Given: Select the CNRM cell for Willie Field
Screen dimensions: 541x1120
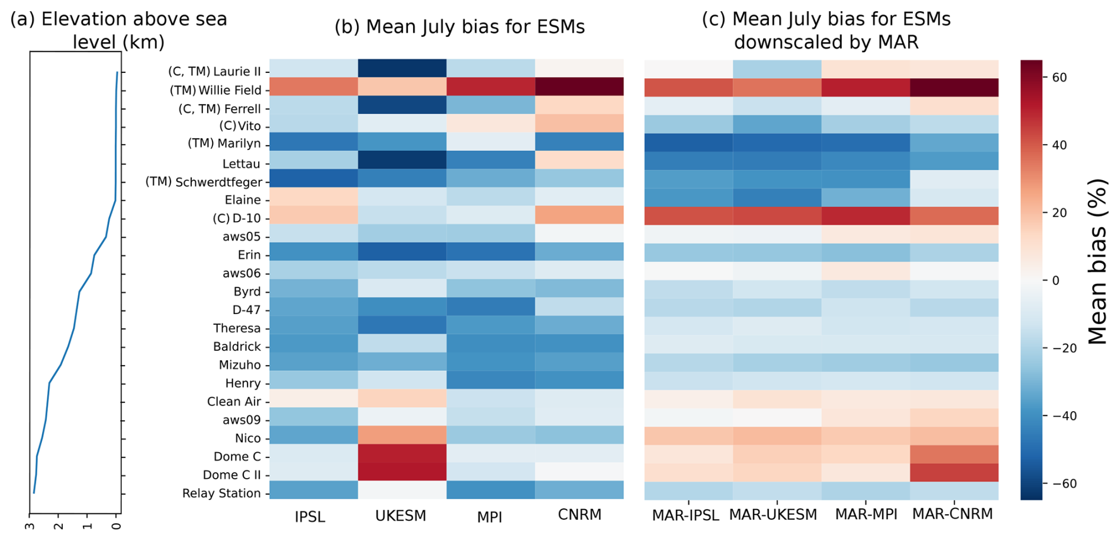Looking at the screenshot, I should pos(579,87).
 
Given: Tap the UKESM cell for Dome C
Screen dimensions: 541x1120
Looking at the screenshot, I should pos(402,454).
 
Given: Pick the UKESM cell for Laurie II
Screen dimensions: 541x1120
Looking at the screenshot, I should pos(402,68).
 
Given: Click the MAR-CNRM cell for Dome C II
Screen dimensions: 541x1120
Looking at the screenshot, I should pos(954,472).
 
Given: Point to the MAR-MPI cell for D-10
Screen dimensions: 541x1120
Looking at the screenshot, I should pos(865,215).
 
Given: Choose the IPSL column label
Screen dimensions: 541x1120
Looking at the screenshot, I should pos(310,517).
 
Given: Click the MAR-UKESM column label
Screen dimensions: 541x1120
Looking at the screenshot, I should pos(773,515).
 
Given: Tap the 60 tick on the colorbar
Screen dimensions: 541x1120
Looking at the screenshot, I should pos(1059,78).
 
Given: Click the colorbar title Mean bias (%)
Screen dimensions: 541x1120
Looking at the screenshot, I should pos(1097,261).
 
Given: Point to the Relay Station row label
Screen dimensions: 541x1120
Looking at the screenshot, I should pos(221,493).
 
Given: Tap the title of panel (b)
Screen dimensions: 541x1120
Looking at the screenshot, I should pos(459,27).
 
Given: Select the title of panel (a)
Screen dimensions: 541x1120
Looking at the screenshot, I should pos(118,30).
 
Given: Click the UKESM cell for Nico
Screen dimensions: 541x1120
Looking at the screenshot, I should pos(402,436).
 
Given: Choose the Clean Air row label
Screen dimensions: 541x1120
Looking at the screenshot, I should pos(234,401).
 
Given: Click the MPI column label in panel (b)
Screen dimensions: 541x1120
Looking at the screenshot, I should pos(490,517).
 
